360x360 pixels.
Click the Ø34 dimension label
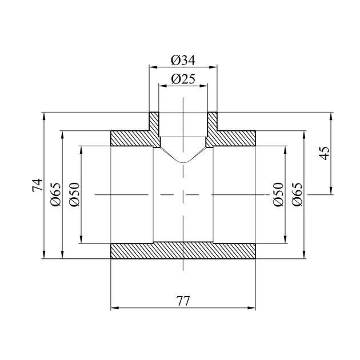point(183,61)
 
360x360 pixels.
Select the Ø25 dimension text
point(183,79)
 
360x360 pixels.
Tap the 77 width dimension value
point(183,301)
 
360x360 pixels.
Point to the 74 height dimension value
point(37,185)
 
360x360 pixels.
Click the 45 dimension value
point(325,153)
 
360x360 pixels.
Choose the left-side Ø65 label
point(56,194)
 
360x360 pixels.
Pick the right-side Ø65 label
point(297,194)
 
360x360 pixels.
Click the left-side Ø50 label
point(74,194)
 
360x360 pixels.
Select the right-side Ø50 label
point(278,194)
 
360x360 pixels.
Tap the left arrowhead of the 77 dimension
point(114,308)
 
